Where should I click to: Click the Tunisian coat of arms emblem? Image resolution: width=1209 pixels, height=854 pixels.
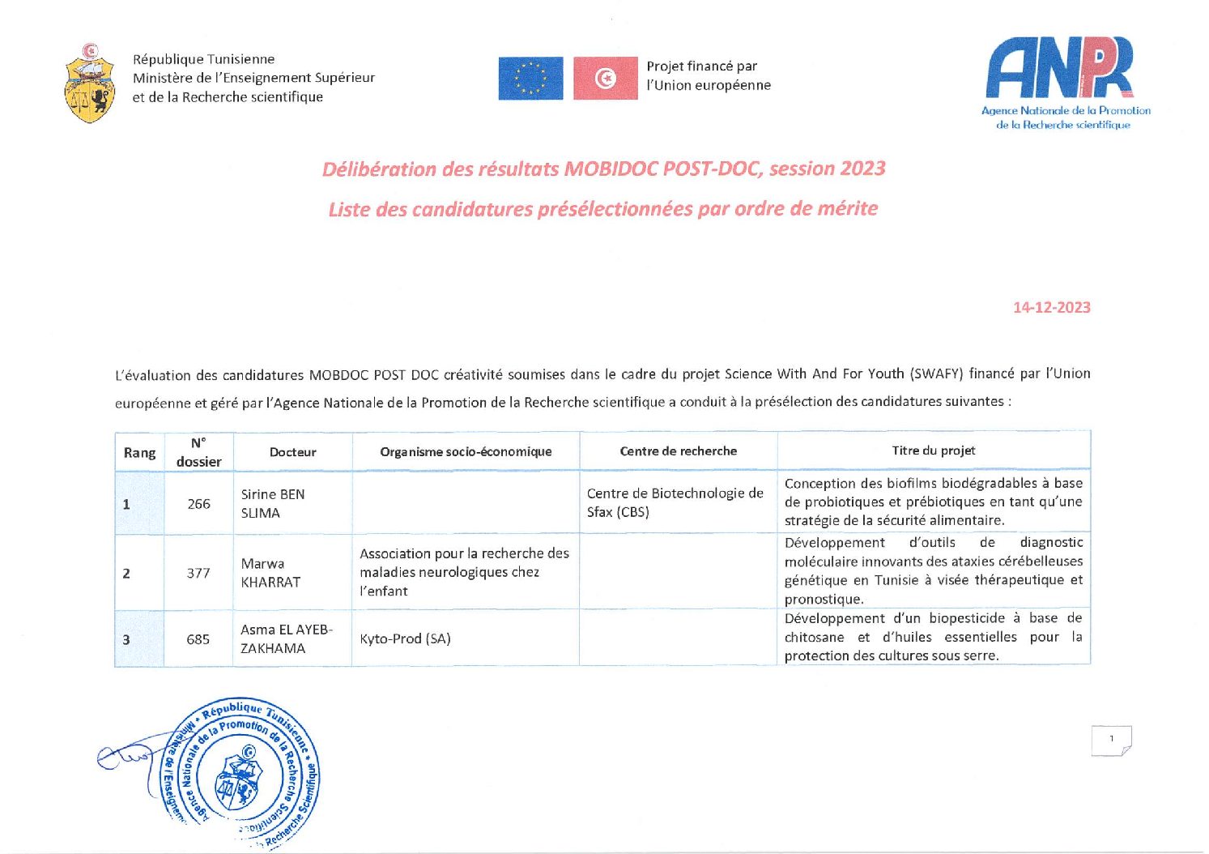pyautogui.click(x=89, y=84)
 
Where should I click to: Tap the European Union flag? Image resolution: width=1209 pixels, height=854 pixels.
pyautogui.click(x=530, y=79)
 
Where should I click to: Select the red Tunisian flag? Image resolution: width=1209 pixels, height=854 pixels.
pyautogui.click(x=605, y=79)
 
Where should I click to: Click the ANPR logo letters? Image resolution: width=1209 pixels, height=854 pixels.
pyautogui.click(x=1059, y=68)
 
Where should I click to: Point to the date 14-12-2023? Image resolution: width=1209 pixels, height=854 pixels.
pyautogui.click(x=1051, y=307)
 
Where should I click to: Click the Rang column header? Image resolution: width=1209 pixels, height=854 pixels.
pyautogui.click(x=139, y=452)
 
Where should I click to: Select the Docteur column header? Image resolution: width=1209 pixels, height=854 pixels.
pyautogui.click(x=292, y=452)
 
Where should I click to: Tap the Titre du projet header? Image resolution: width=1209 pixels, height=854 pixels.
pyautogui.click(x=933, y=450)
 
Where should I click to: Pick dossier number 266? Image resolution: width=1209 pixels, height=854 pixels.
pyautogui.click(x=198, y=504)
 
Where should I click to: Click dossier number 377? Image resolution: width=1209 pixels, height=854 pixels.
pyautogui.click(x=198, y=573)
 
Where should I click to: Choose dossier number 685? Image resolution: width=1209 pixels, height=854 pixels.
pyautogui.click(x=198, y=639)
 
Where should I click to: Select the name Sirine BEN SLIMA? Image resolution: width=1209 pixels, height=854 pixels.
pyautogui.click(x=272, y=503)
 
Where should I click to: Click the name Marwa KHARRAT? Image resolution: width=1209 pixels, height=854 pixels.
pyautogui.click(x=270, y=573)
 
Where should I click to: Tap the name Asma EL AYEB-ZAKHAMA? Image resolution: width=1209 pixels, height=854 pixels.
pyautogui.click(x=286, y=638)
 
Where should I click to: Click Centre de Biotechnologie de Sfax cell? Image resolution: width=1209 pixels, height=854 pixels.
pyautogui.click(x=675, y=502)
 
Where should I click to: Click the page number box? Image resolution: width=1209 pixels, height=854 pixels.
pyautogui.click(x=1111, y=740)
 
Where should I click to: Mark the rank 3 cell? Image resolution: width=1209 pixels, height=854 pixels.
pyautogui.click(x=126, y=639)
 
